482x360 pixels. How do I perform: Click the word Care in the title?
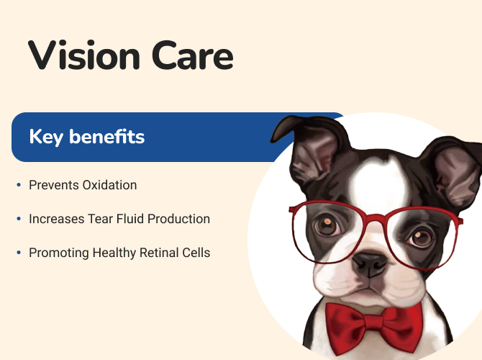(x=192, y=56)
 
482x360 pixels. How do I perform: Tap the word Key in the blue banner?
(x=46, y=137)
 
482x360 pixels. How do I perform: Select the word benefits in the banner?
(x=106, y=136)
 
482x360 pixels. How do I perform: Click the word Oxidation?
(x=110, y=185)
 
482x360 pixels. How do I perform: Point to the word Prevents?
(x=54, y=185)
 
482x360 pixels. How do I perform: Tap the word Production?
(x=178, y=219)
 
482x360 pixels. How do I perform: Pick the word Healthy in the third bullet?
(x=114, y=253)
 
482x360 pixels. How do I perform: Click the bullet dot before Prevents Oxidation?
(x=19, y=185)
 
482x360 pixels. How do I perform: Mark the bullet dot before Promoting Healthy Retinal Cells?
(x=19, y=253)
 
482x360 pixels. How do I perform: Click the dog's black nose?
(x=369, y=264)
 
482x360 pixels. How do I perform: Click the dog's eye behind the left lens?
(x=327, y=225)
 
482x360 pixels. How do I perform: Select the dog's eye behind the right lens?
(x=420, y=237)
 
